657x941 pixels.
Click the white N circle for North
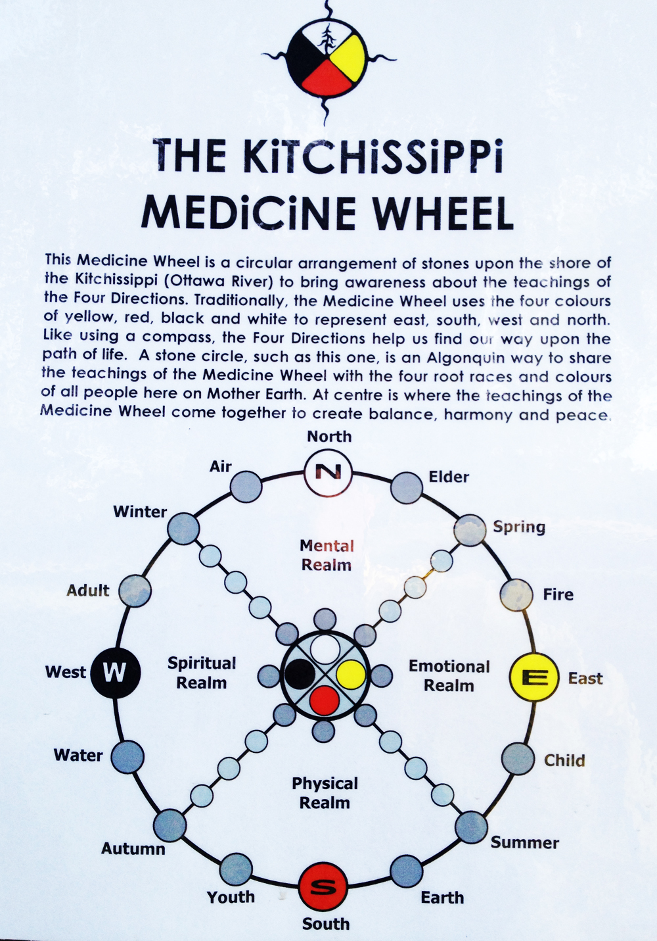(x=328, y=471)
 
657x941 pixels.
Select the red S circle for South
(x=323, y=886)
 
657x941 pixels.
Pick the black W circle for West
(x=116, y=672)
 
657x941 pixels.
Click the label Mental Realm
(x=327, y=555)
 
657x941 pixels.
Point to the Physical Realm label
(x=325, y=792)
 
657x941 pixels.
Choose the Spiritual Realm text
(x=202, y=673)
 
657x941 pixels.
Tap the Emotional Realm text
(x=449, y=675)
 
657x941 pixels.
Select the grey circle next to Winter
(x=183, y=529)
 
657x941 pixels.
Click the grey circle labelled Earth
(x=407, y=872)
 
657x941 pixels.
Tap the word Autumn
(x=133, y=848)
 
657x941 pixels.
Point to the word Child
(x=564, y=760)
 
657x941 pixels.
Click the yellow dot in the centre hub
(x=350, y=673)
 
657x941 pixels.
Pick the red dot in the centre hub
(x=323, y=700)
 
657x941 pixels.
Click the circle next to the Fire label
(x=516, y=594)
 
